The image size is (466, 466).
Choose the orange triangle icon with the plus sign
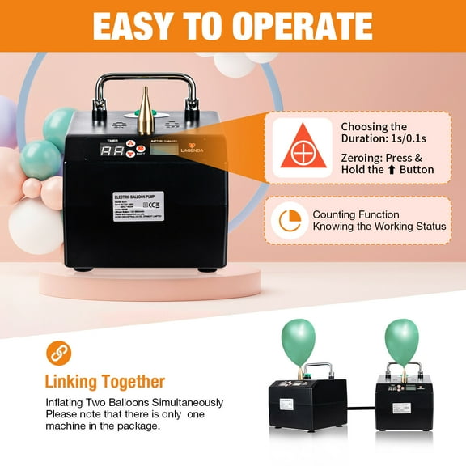302,147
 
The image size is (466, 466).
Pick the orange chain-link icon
57,352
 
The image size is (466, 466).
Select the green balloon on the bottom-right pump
401,341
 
